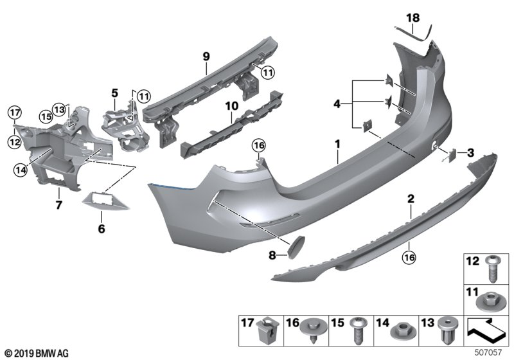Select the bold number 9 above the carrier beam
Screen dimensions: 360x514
tap(206, 57)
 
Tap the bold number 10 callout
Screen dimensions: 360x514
tap(231, 105)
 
